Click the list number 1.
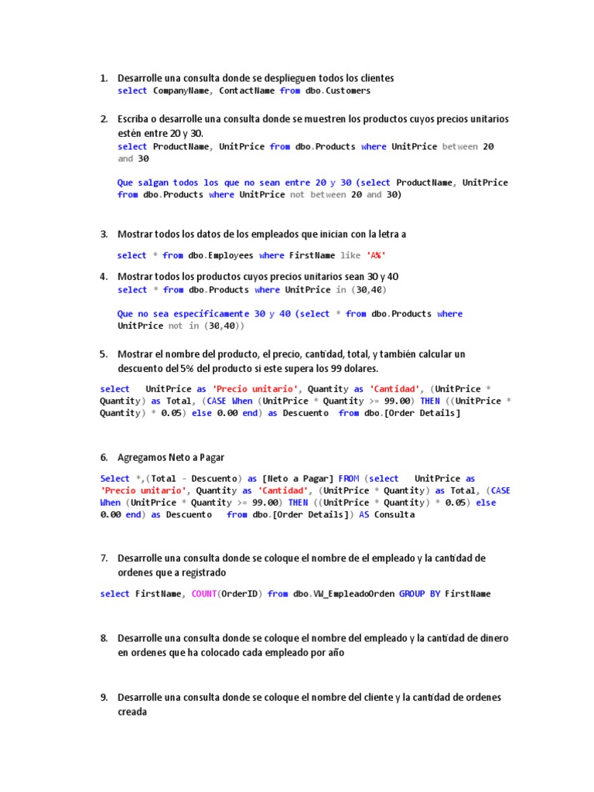click(x=103, y=78)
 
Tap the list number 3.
click(x=103, y=234)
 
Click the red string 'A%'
click(x=375, y=255)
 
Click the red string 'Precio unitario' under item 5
click(x=254, y=389)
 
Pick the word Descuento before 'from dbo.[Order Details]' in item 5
click(x=306, y=413)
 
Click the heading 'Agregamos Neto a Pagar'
click(x=171, y=457)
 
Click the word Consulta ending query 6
click(x=394, y=514)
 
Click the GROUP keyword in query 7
click(x=412, y=594)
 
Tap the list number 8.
click(x=103, y=638)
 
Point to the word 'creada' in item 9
click(x=131, y=712)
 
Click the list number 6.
click(x=103, y=457)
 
